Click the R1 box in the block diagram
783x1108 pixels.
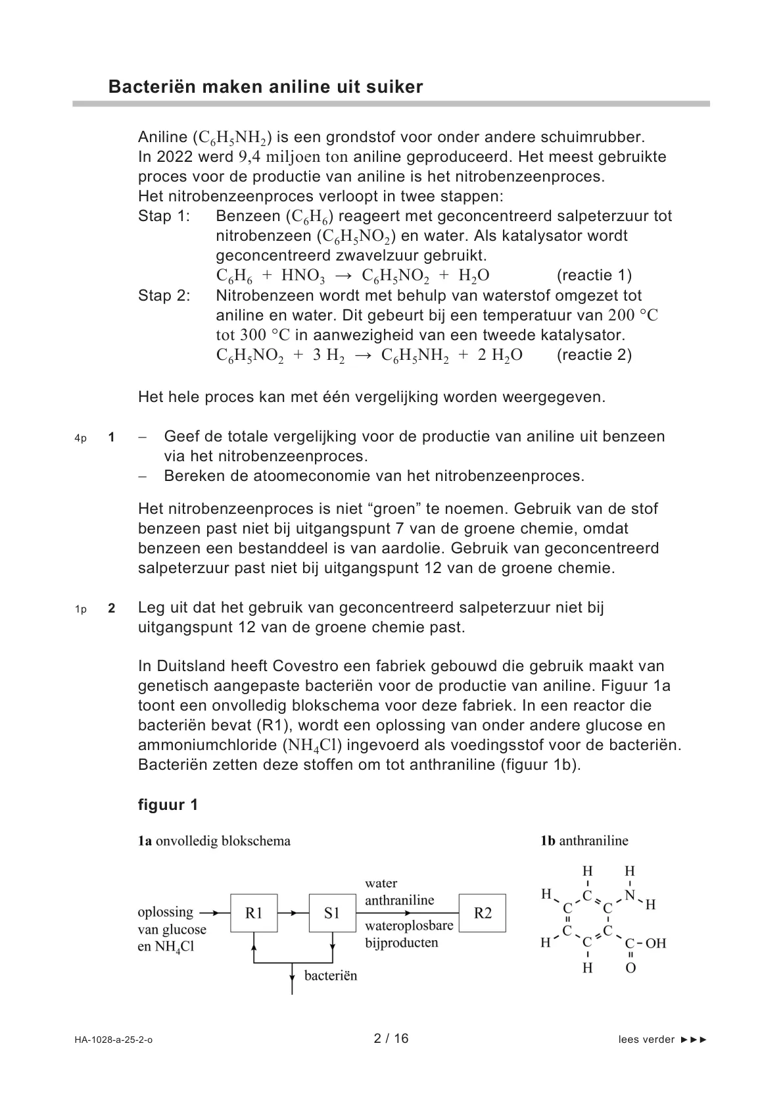254,913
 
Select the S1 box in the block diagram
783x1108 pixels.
332,913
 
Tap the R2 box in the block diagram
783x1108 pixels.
483,913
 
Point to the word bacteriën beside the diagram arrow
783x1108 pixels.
331,975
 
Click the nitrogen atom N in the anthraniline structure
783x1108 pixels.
630,895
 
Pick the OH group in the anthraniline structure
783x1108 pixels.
655,944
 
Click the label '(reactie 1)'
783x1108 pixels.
594,275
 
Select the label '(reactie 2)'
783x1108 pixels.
594,355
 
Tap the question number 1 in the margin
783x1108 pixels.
112,437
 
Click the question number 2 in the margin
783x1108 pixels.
112,609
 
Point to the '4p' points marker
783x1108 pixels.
80,438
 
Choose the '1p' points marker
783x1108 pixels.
80,609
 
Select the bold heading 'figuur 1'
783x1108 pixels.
168,805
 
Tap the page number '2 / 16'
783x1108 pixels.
391,1038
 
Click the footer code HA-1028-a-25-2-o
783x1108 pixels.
113,1040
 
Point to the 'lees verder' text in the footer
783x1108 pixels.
646,1040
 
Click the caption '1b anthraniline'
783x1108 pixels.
584,840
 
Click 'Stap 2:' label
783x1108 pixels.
164,295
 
